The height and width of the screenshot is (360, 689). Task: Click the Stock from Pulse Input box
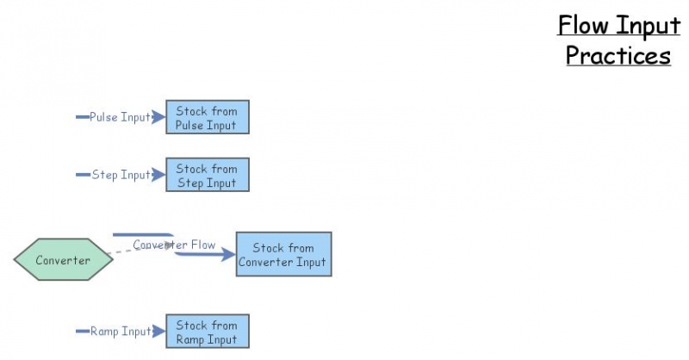(x=207, y=117)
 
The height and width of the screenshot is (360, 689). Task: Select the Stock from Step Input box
(x=207, y=175)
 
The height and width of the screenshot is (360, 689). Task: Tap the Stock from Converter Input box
(x=283, y=254)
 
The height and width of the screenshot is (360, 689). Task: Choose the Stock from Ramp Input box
(x=207, y=332)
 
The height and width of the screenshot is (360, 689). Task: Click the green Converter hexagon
(x=63, y=259)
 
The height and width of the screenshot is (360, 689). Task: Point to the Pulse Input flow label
(x=120, y=117)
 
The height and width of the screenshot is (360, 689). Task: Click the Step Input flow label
(x=121, y=175)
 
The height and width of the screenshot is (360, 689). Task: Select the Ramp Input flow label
(x=121, y=332)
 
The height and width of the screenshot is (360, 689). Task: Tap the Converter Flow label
(x=174, y=245)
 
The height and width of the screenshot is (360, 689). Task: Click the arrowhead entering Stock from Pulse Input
(x=158, y=117)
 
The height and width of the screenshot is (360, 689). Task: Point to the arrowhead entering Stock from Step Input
(x=158, y=175)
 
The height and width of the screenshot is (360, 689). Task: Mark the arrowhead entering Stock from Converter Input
(x=228, y=254)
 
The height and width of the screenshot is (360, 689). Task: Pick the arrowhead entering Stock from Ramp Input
(x=158, y=332)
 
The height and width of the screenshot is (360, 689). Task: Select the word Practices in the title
(x=618, y=56)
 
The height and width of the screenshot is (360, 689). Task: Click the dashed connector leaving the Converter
(x=125, y=251)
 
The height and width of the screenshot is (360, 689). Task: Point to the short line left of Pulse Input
(x=83, y=117)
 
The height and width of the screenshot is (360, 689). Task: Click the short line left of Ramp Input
(x=83, y=332)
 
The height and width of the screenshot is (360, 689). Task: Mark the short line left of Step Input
(x=83, y=175)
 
